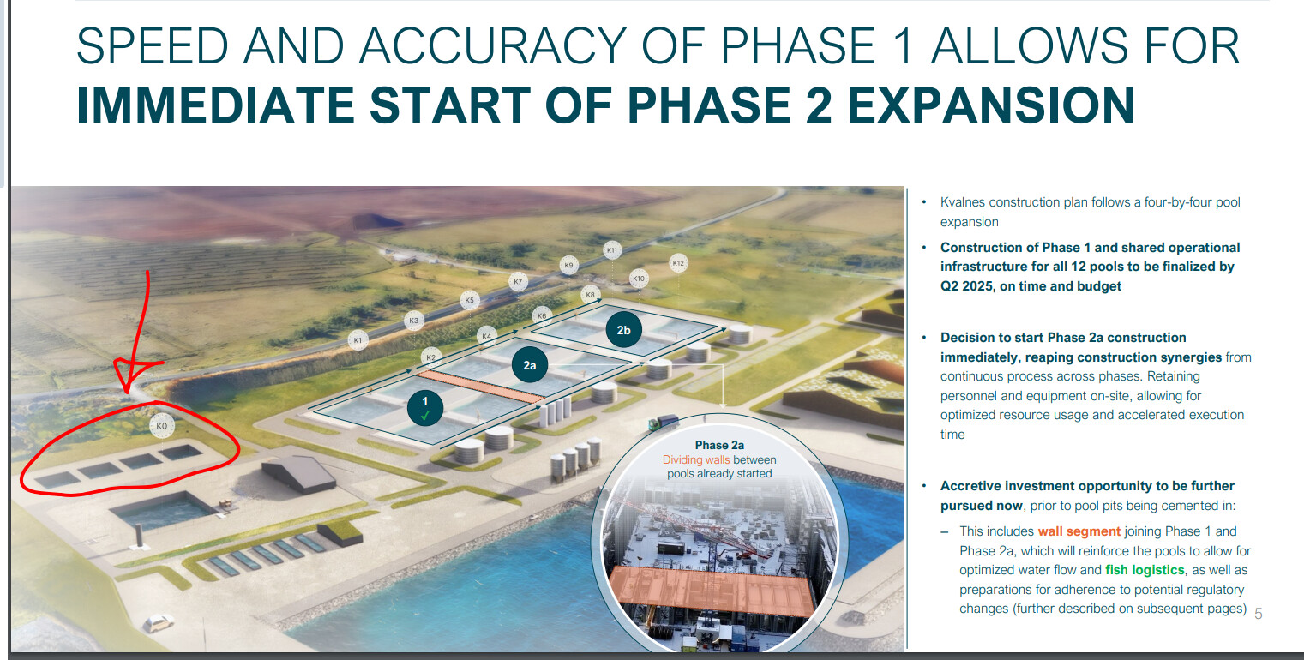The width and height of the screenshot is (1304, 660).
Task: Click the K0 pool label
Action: coord(162,426)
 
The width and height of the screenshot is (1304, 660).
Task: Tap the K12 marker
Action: coord(678,263)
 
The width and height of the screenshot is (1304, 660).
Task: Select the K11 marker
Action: coord(612,250)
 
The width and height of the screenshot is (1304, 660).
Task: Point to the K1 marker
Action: coord(358,340)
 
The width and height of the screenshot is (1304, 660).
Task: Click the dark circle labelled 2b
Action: coord(623,330)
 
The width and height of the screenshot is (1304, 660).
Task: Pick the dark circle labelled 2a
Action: coord(529,365)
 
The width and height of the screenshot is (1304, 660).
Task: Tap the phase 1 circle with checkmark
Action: coord(425,407)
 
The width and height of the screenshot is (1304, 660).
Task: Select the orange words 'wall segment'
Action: coord(1079,531)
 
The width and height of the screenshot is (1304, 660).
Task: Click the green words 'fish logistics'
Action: coord(1145,570)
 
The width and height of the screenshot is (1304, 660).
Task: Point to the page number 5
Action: coord(1258,614)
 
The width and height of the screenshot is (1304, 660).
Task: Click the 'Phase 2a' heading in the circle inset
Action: coord(719,445)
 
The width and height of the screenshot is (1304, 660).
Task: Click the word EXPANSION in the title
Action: coord(991,105)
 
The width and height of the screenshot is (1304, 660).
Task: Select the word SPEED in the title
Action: coord(152,46)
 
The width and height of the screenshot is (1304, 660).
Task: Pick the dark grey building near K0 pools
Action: coord(298,473)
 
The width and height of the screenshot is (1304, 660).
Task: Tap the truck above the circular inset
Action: coord(664,422)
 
